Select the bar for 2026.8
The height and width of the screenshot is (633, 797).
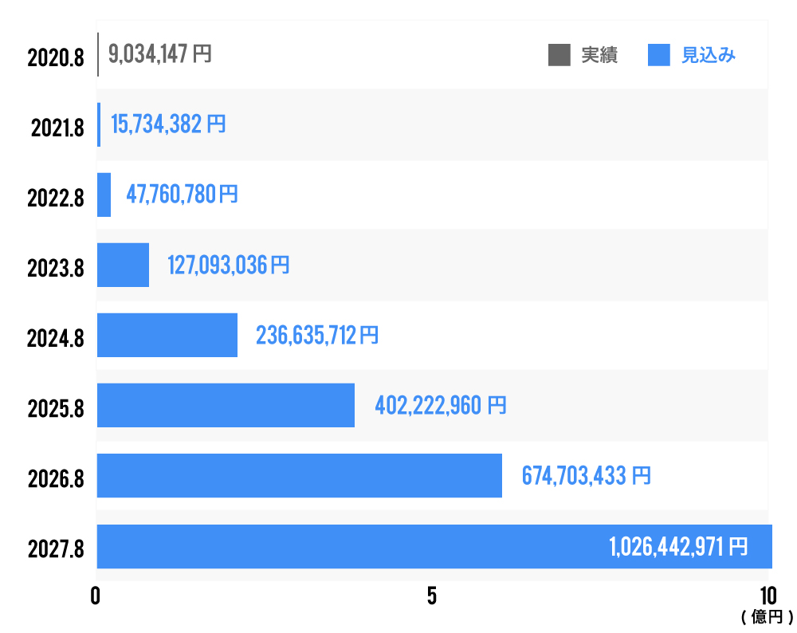coord(299,475)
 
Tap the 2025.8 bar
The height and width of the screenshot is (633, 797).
coord(226,405)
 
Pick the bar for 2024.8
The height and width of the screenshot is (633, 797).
coord(167,335)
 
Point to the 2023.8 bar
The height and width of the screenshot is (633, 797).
coord(123,265)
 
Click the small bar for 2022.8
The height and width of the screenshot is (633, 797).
coord(104,195)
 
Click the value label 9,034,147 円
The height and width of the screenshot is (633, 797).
coord(159,54)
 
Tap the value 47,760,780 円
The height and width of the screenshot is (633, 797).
coord(182,194)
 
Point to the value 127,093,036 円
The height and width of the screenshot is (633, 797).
coord(228,265)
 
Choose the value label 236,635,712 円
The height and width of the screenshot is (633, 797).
coord(316,335)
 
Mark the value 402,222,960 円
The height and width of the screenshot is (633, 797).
coord(440,405)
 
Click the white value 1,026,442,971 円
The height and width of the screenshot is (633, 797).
coord(678,546)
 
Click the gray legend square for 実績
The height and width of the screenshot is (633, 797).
coord(559,55)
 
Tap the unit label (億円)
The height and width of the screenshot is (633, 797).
coord(767,616)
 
